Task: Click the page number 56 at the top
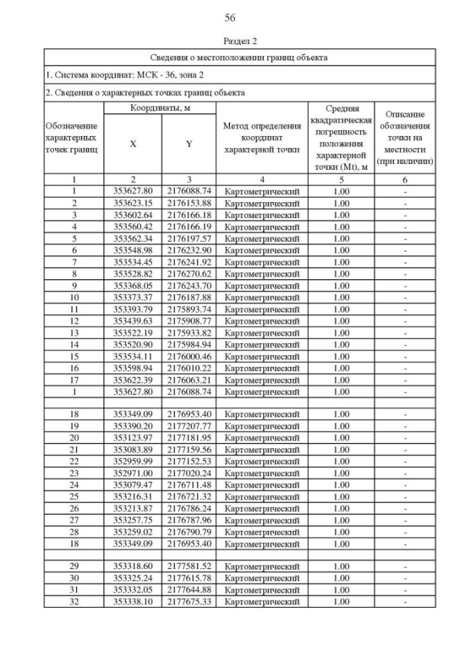click(x=230, y=17)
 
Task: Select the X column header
click(x=133, y=144)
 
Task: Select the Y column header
click(x=189, y=144)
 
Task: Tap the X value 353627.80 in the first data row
click(x=133, y=191)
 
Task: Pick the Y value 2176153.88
click(x=189, y=203)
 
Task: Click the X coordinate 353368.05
click(x=133, y=286)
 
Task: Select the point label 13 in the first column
click(x=75, y=333)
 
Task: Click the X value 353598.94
click(x=133, y=368)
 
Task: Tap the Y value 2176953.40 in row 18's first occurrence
click(x=189, y=414)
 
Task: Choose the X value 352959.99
click(x=133, y=461)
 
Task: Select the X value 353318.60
click(x=133, y=566)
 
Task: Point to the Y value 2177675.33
click(x=189, y=601)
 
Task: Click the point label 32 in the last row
click(x=75, y=601)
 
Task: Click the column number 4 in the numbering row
click(x=262, y=180)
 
